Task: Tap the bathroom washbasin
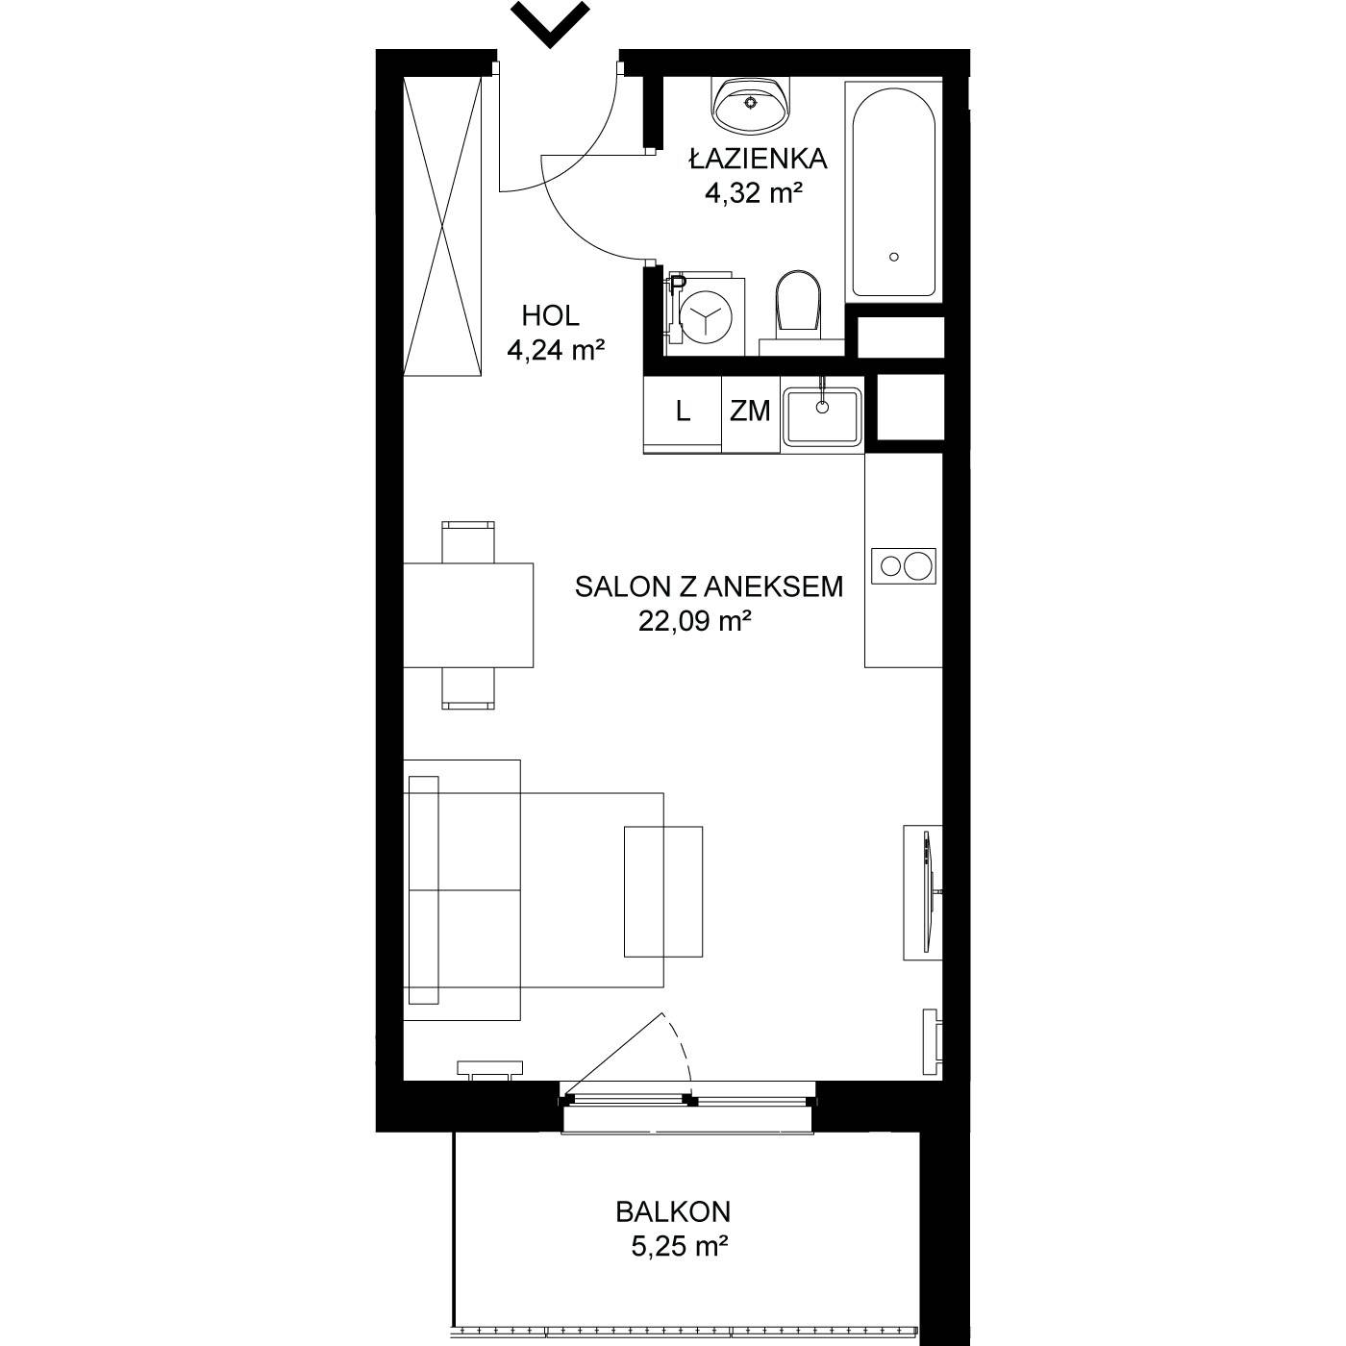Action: pos(751,105)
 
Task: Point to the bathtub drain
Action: pos(894,257)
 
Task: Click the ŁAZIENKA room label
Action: pos(758,160)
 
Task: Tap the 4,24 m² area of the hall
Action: pos(556,349)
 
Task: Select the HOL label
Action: pos(550,316)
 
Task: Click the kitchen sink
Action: pos(822,416)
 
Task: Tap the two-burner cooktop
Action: pos(903,565)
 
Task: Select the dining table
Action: pos(468,615)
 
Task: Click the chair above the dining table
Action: pos(468,542)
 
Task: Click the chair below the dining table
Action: pos(468,688)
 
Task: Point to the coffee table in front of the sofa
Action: pos(662,891)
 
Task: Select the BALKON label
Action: pos(673,1212)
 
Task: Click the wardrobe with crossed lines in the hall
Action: pos(443,226)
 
